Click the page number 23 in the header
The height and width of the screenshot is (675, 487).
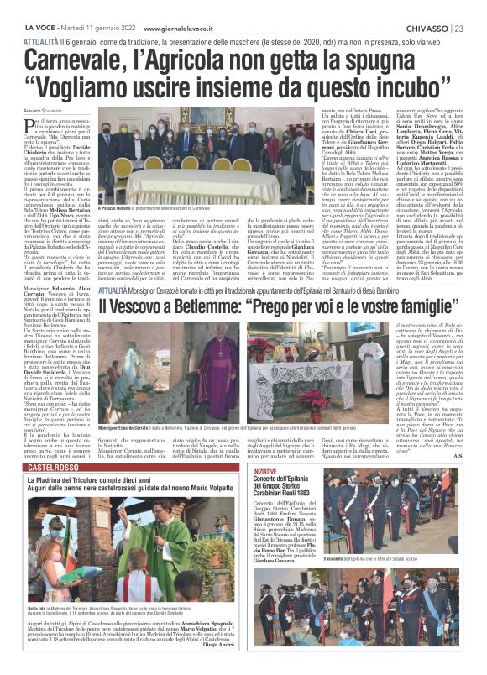click(x=475, y=8)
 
